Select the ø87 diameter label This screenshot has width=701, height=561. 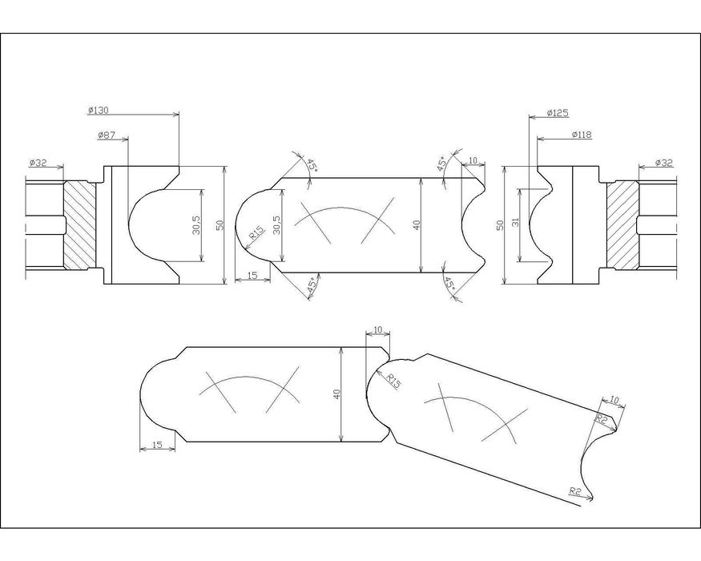pos(107,136)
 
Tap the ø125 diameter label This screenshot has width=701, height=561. pos(558,113)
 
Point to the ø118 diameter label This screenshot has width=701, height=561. pos(581,135)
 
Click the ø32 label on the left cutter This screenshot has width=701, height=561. pos(38,163)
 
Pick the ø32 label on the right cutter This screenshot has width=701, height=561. pos(663,163)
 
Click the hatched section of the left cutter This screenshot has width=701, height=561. pos(79,225)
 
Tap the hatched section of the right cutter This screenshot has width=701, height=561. pos(622,225)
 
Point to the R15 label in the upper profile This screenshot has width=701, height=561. pos(256,232)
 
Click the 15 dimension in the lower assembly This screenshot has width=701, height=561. pos(157,445)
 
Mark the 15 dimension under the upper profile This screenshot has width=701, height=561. pos(252,276)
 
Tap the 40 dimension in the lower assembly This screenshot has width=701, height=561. pos(336,394)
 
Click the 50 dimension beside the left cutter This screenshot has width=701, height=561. pos(219,225)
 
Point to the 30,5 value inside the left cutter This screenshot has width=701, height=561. pos(196,225)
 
